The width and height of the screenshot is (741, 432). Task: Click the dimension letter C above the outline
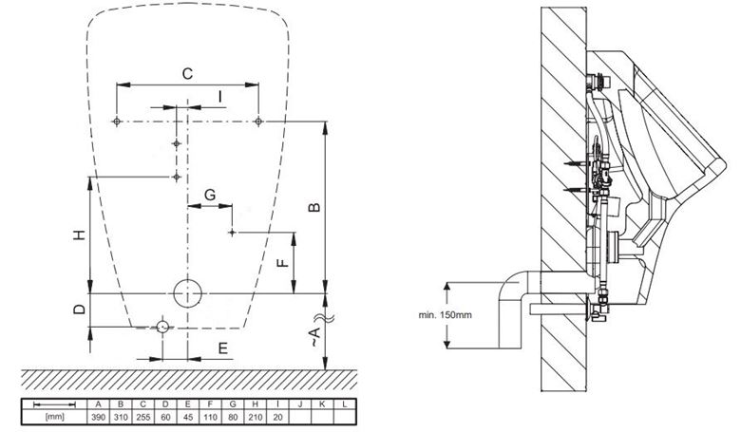tap(187, 74)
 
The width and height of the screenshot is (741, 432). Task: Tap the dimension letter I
tap(220, 97)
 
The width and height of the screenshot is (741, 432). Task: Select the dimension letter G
tap(210, 195)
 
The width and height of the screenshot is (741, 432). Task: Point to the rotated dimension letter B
tap(314, 207)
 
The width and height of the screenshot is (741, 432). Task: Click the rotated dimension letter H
tap(80, 235)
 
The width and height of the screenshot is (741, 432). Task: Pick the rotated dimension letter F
tap(282, 262)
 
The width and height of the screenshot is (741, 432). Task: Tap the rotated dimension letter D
tap(80, 310)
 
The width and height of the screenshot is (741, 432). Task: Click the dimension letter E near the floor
tap(223, 348)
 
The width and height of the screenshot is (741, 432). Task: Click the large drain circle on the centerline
tap(187, 293)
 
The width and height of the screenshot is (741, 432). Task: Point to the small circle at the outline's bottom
tap(162, 327)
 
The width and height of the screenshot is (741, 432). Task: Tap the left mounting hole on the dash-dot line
tap(117, 122)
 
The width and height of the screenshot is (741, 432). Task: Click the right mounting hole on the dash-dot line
tap(258, 122)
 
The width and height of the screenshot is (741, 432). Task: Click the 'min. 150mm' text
tap(445, 315)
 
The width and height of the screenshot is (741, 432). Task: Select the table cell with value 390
tap(98, 417)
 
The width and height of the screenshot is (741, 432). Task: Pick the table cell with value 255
tap(142, 417)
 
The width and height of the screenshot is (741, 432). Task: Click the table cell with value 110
tap(210, 417)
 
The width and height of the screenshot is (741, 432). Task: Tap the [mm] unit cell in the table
tap(55, 417)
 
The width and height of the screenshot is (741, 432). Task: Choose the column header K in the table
tap(322, 404)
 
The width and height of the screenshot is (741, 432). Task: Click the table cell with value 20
tap(277, 417)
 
